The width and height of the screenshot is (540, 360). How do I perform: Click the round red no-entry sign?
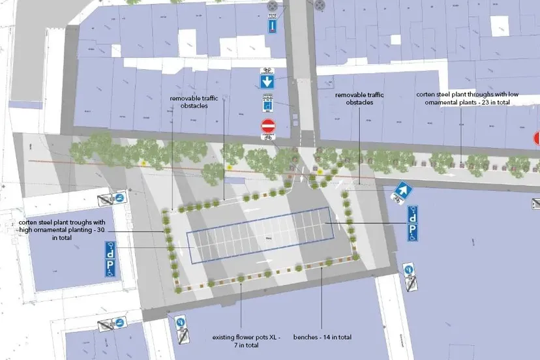(x=268, y=125)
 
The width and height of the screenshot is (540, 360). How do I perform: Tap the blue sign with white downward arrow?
(x=267, y=82)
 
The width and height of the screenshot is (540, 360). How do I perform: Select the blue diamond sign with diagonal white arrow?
(x=402, y=190)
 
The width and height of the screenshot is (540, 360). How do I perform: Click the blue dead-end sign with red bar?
(x=273, y=25)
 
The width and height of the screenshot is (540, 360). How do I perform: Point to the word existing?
(x=225, y=337)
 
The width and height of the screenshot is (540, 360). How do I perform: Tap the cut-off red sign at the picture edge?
(x=537, y=138)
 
